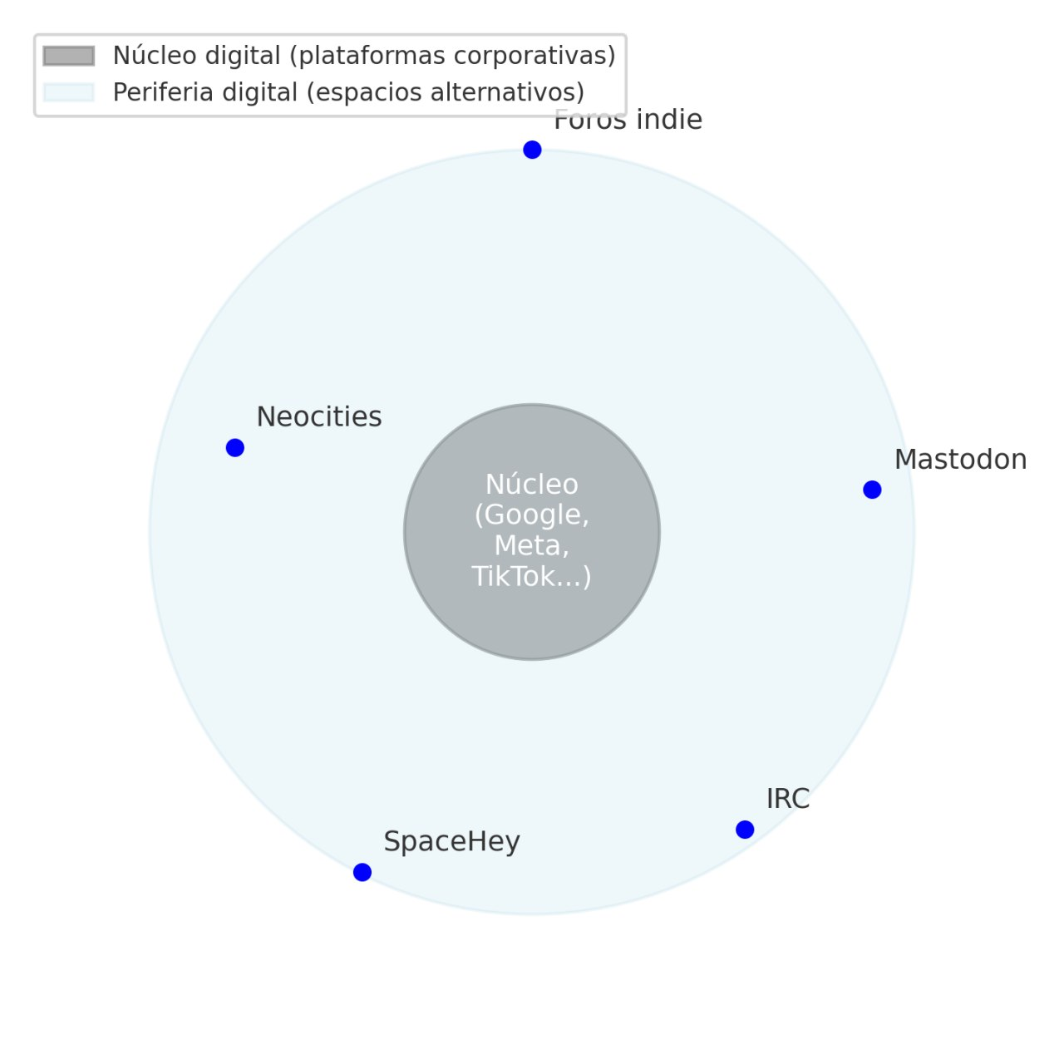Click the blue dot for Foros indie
point(532,150)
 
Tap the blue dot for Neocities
point(234,447)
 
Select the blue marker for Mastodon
point(872,490)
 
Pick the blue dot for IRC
point(744,830)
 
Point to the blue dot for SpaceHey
point(362,872)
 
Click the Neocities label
point(319,417)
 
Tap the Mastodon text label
point(960,460)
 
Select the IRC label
point(788,799)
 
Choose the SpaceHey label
point(451,842)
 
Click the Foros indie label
point(628,120)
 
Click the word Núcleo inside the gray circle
point(532,485)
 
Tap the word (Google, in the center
point(532,515)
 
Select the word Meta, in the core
point(532,545)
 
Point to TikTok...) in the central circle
point(531,576)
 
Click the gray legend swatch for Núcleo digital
point(68,56)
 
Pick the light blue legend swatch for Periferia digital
point(68,92)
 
